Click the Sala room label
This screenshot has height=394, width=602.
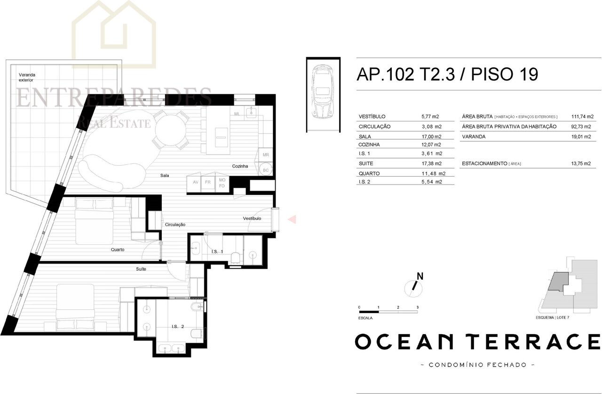click(165, 176)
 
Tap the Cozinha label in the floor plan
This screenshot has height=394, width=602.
click(240, 166)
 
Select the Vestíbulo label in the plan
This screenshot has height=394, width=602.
click(252, 218)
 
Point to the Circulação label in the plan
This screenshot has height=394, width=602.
click(175, 225)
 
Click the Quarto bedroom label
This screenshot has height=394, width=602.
click(118, 249)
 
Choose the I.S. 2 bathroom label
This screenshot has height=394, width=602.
click(178, 327)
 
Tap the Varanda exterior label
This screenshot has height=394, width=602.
click(27, 78)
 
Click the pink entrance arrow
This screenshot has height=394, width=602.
click(292, 219)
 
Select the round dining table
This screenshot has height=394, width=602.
click(170, 130)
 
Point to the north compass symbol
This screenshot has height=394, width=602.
click(414, 286)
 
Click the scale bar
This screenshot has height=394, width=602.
click(388, 312)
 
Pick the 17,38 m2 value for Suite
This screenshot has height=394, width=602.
click(431, 163)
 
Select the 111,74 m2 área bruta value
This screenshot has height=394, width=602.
click(582, 116)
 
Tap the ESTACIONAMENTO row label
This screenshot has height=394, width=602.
click(484, 163)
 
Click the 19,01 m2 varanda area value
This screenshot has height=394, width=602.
click(581, 137)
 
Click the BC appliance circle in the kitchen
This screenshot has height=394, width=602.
click(266, 170)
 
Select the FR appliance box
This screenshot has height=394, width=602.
click(208, 182)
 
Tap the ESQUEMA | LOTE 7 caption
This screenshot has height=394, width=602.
click(552, 317)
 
